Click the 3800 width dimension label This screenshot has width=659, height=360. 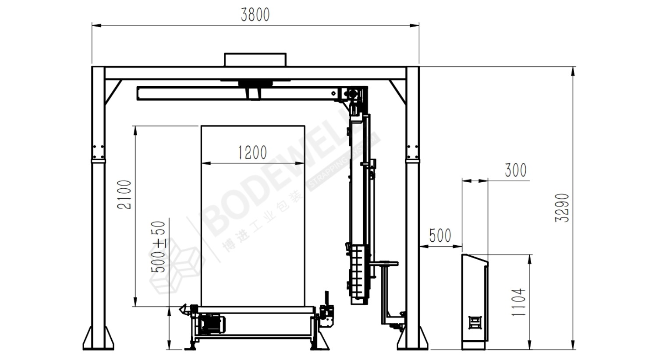255,15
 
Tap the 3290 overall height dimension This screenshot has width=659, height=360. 562,208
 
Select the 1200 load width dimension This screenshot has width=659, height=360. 252,153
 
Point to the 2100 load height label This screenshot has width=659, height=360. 124,195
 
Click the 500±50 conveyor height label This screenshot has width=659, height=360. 158,247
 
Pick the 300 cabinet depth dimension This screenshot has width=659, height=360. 516,170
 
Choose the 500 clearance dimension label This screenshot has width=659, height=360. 440,235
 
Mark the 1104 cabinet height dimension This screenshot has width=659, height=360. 518,302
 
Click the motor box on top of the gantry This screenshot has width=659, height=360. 255,60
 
